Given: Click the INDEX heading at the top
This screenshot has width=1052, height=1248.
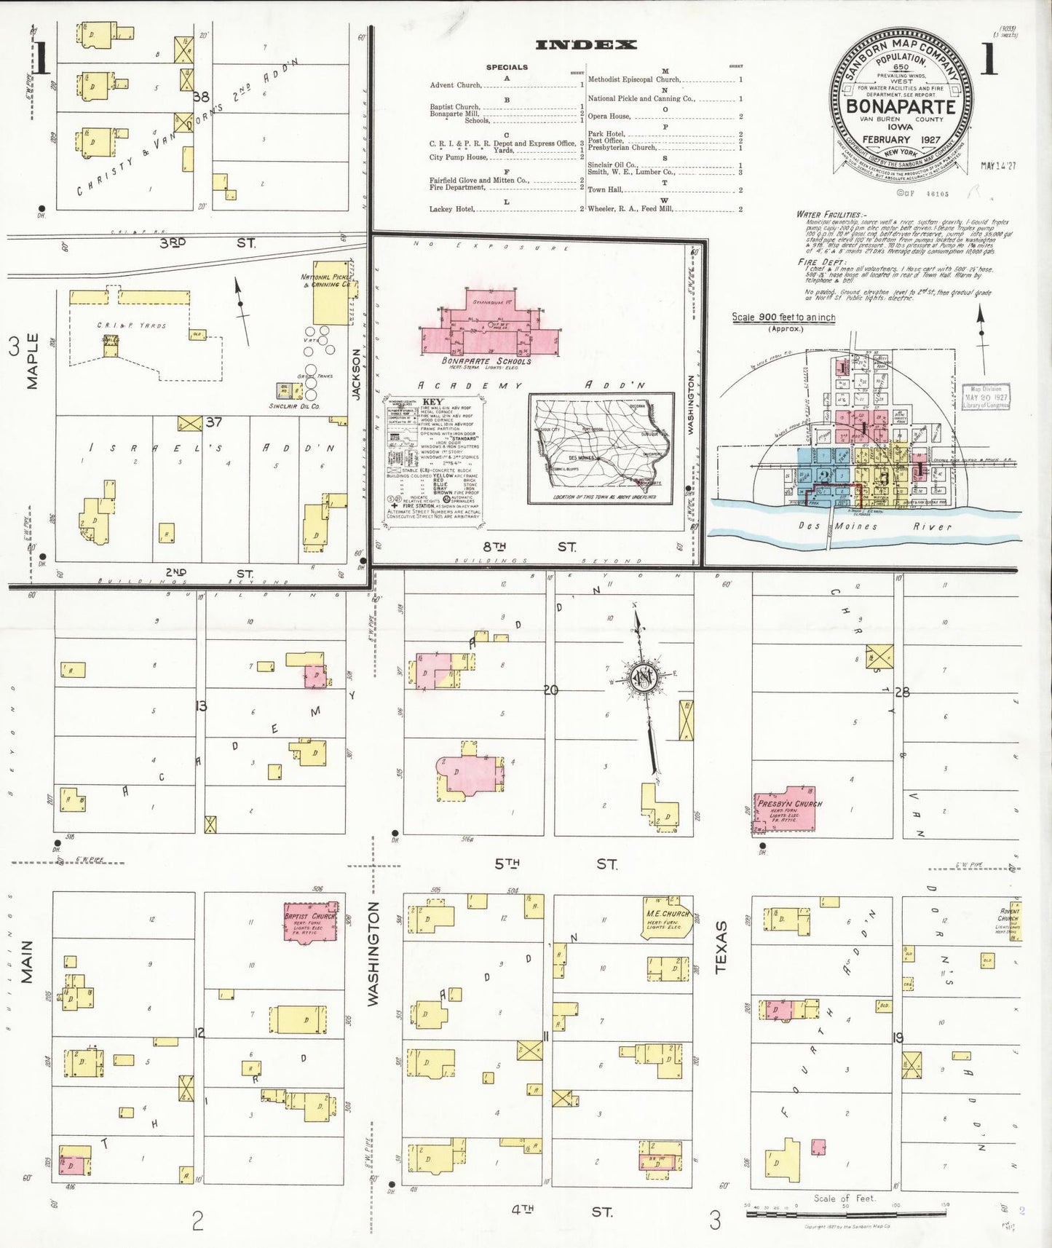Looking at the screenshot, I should pos(585,45).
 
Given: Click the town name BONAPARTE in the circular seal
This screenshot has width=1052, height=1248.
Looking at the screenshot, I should pos(901,106).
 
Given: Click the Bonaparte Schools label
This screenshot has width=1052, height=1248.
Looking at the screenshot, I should pos(486,361).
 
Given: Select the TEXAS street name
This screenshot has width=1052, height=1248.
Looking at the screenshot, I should pos(721,947).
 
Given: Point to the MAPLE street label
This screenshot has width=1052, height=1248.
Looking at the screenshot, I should pos(33,361).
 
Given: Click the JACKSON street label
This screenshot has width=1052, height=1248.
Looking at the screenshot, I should pos(357,374).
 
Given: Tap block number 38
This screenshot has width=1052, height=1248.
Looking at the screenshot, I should pos(201,96).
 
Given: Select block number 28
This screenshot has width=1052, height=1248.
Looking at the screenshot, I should pos(902,692).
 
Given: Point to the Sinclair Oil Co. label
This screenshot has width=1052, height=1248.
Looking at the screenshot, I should pos(294,406).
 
